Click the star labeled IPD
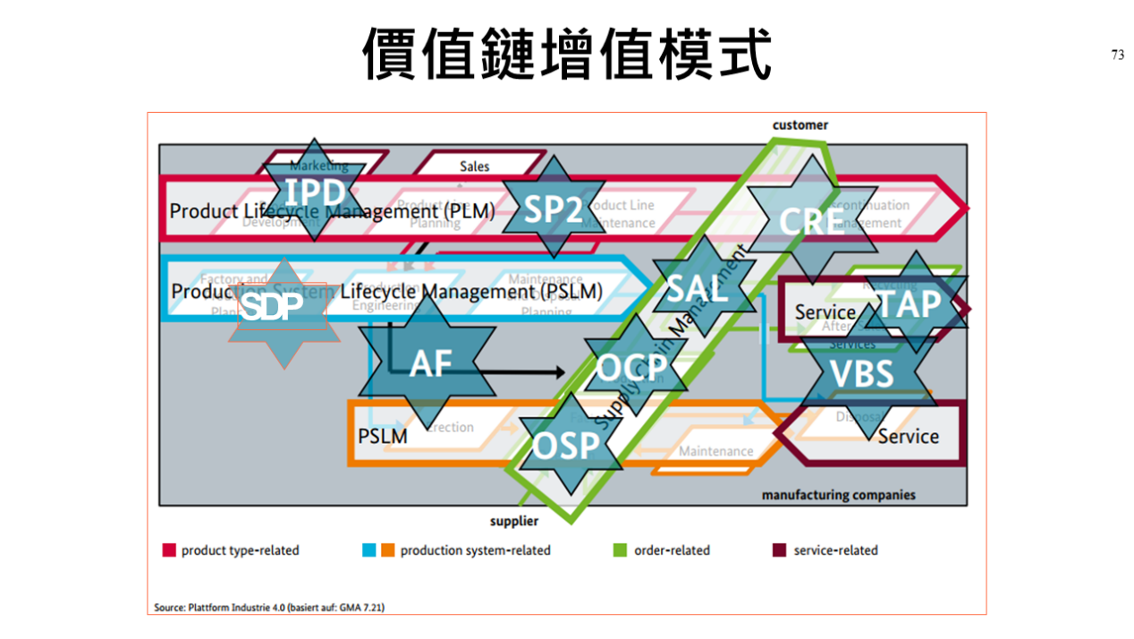[x=316, y=191]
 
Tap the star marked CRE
[x=810, y=220]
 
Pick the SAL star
[x=698, y=288]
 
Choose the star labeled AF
[x=430, y=363]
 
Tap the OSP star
[x=567, y=444]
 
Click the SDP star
[x=283, y=309]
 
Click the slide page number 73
[x=1118, y=55]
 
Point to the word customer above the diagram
[x=800, y=125]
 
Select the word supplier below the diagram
[x=514, y=522]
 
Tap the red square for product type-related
[x=168, y=550]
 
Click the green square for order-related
[x=621, y=550]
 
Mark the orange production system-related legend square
[x=387, y=550]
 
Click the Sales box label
[x=475, y=166]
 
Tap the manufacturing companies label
[x=838, y=495]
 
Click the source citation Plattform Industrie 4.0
[x=269, y=608]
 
